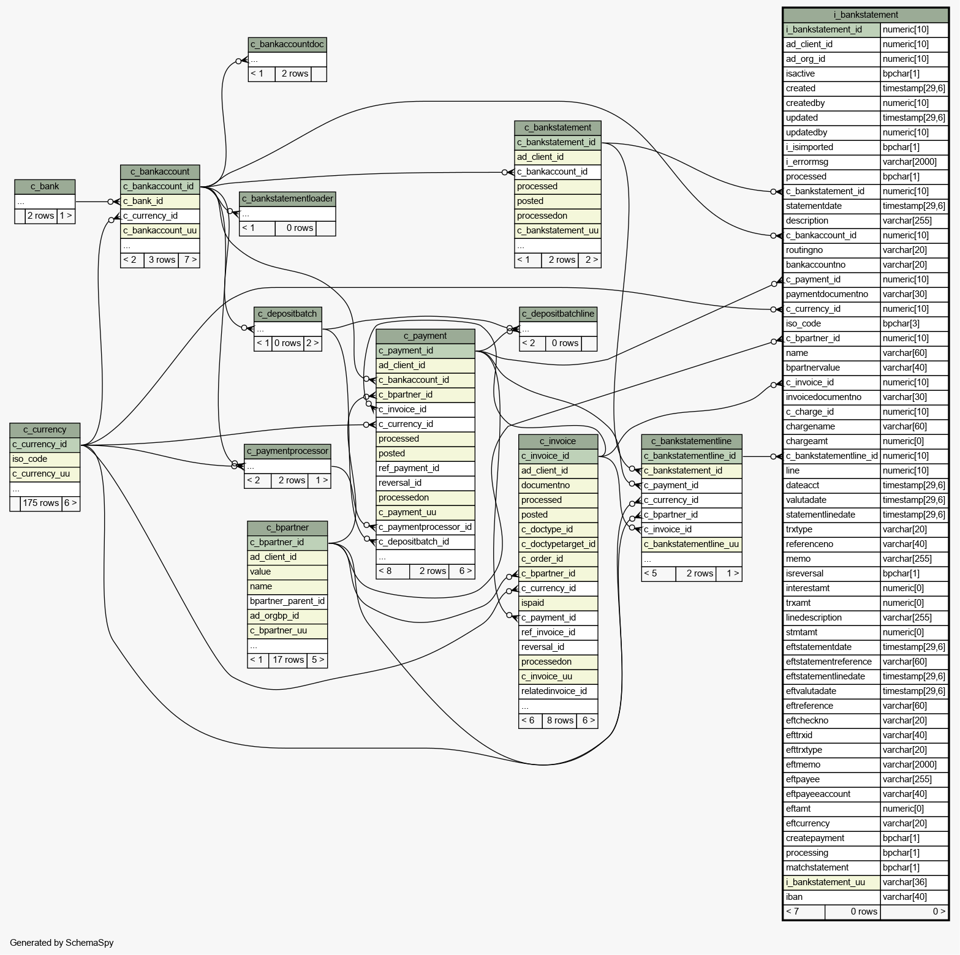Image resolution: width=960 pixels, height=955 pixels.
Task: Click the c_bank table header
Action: [x=45, y=187]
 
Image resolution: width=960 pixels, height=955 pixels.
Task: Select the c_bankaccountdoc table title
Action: [x=287, y=45]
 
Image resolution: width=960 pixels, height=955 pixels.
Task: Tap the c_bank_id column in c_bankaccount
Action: [x=160, y=202]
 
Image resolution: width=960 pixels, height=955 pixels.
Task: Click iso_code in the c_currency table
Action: [x=45, y=459]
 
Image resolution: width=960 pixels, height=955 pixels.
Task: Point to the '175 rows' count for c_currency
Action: [x=41, y=504]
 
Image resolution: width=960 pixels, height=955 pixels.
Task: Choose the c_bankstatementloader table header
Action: [x=287, y=199]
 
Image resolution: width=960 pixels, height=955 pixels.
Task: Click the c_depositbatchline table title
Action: [x=558, y=314]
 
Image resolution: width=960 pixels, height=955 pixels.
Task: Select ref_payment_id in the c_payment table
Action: [x=425, y=469]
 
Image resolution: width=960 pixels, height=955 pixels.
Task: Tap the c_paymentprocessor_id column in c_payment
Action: [x=425, y=527]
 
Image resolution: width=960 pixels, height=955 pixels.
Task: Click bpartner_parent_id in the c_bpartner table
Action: [x=287, y=602]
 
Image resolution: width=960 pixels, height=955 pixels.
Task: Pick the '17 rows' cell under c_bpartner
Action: [x=288, y=660]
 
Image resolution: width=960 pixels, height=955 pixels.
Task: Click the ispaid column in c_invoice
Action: [x=558, y=603]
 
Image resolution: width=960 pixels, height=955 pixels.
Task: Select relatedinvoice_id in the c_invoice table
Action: [x=558, y=692]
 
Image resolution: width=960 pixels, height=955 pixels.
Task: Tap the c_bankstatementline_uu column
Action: [x=692, y=545]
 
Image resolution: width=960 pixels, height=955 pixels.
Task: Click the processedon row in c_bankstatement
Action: [x=557, y=216]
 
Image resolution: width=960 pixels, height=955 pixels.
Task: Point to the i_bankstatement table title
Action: [x=866, y=15]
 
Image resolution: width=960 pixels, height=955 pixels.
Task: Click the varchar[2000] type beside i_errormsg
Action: [x=914, y=162]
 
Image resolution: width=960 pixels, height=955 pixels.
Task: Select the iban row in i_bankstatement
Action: [x=866, y=897]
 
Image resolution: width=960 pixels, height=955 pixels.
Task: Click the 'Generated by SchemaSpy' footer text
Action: [x=62, y=943]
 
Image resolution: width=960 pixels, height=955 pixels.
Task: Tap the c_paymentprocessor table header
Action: [x=287, y=451]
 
